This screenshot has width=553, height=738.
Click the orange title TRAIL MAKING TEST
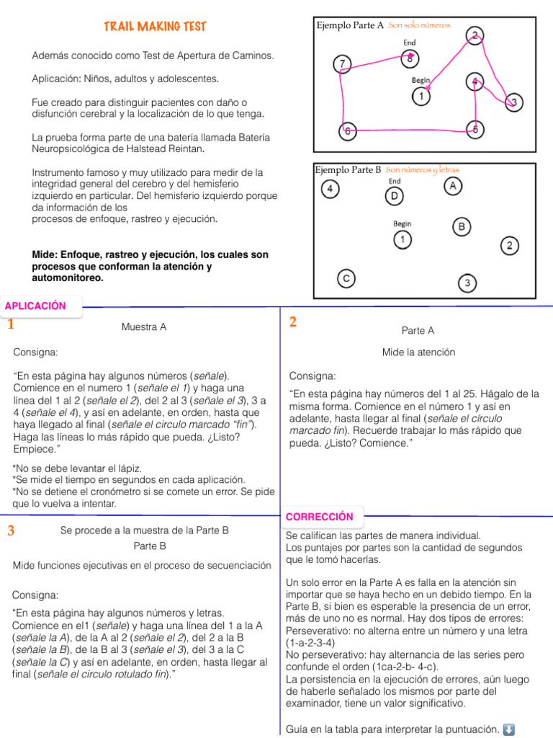tap(155, 27)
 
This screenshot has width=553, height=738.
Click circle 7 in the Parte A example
tap(343, 63)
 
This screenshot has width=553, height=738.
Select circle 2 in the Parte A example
tap(475, 35)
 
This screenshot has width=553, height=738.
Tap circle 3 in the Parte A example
tap(514, 102)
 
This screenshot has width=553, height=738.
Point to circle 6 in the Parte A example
tap(348, 132)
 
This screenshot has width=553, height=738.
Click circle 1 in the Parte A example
tap(421, 95)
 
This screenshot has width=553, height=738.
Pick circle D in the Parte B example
tap(394, 195)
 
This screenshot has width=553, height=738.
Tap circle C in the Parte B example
tap(346, 277)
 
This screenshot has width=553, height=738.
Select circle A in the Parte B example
tap(452, 186)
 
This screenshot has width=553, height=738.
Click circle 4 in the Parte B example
tap(330, 190)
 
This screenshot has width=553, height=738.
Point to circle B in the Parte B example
tap(461, 227)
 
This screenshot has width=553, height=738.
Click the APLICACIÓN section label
tap(35, 306)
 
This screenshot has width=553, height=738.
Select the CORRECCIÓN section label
tap(320, 516)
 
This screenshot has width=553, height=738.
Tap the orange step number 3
tap(11, 531)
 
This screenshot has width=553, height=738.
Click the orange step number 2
tap(293, 322)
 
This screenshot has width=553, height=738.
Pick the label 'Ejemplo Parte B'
tap(349, 170)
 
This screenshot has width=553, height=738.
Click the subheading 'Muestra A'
tap(144, 327)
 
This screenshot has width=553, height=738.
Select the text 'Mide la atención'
tap(418, 352)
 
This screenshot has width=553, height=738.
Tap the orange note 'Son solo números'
tap(419, 25)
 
